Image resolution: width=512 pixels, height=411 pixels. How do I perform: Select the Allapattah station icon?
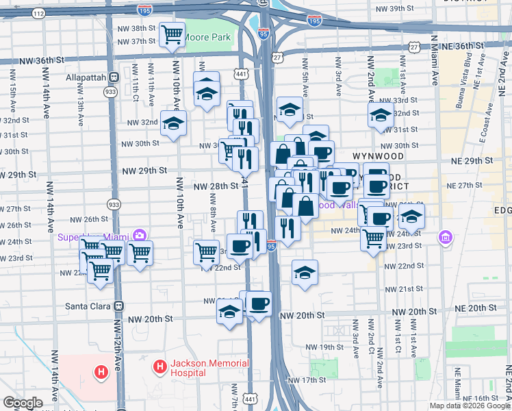click(114, 78)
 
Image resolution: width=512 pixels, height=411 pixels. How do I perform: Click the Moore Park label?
click(208, 37)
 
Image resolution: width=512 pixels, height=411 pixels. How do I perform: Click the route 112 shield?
click(40, 13)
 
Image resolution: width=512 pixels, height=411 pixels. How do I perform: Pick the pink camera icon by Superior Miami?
click(140, 236)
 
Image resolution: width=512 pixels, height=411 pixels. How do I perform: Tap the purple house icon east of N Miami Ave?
click(446, 238)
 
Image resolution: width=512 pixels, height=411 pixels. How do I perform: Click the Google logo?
click(23, 403)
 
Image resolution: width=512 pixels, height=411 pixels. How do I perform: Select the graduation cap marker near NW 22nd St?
click(305, 272)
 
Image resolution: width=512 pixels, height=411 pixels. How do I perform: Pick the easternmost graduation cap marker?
click(411, 216)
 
